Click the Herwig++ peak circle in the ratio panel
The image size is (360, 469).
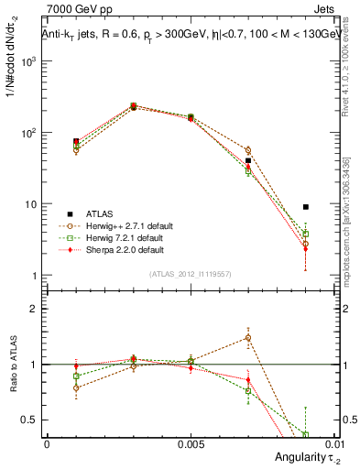click(248, 337)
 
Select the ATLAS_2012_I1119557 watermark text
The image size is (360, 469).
click(191, 274)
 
